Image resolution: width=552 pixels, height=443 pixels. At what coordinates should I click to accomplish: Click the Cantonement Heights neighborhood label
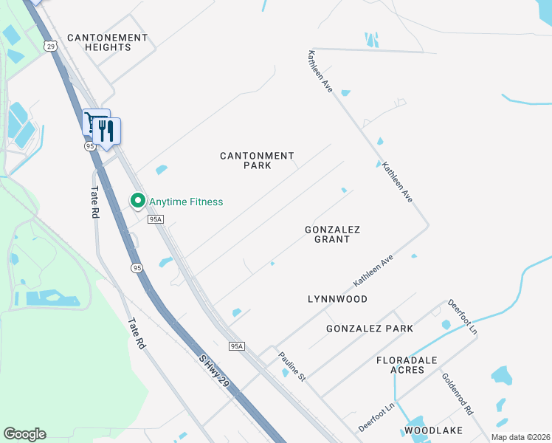108,42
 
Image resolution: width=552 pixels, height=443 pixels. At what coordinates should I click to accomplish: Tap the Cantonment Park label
258,160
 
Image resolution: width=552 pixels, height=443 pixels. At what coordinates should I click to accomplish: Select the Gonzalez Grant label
332,234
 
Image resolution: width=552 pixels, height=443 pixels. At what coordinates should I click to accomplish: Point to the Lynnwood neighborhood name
337,299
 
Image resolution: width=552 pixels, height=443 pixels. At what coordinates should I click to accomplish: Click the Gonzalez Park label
370,328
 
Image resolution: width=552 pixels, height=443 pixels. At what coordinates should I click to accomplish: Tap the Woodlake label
433,430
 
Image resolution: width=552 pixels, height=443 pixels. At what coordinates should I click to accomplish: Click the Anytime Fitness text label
186,202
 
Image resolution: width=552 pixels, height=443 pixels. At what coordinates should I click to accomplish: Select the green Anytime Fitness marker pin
137,200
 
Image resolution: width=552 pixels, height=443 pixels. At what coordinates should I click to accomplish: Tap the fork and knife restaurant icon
108,131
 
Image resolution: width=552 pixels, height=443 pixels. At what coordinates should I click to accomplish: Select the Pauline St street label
292,367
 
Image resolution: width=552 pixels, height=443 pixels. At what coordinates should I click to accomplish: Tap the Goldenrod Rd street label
458,392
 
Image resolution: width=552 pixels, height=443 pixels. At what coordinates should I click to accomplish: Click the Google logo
24,434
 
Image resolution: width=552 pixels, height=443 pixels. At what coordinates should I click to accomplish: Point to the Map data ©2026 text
520,437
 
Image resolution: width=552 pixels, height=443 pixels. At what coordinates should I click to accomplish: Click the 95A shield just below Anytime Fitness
155,219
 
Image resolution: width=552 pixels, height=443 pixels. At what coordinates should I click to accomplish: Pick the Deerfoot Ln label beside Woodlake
377,417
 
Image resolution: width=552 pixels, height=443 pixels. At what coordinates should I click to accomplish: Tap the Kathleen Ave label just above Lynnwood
374,272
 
